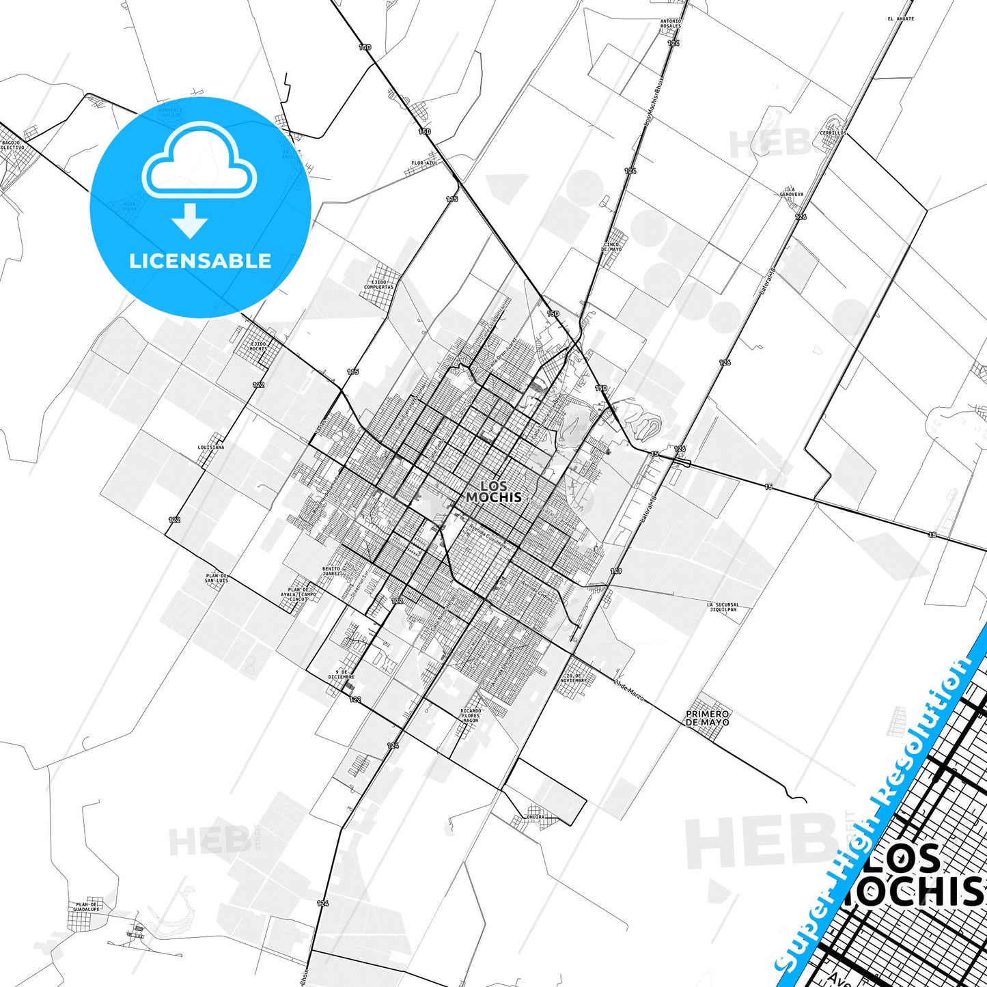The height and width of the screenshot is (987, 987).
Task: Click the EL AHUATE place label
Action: click(900, 19)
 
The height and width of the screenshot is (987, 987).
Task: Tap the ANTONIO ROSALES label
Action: click(671, 23)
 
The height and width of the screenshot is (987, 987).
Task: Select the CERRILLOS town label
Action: click(833, 133)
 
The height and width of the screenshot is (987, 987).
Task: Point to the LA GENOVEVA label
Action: click(792, 191)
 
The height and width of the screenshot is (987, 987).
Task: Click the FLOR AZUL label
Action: click(424, 163)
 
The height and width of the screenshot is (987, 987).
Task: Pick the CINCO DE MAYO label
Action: click(611, 247)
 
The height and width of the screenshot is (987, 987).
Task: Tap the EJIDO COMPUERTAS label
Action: click(378, 284)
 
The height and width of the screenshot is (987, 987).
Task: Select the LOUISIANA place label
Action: click(210, 447)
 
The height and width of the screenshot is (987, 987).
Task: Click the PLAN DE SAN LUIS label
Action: click(217, 578)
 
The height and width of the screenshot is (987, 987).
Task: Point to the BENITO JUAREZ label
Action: click(331, 571)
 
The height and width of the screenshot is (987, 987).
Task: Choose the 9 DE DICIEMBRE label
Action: click(342, 674)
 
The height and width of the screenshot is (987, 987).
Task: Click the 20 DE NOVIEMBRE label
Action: click(574, 678)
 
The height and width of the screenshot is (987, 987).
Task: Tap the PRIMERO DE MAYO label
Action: click(708, 718)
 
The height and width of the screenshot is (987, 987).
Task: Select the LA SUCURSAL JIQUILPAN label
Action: click(723, 607)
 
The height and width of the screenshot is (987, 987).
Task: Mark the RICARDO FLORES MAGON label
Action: click(471, 715)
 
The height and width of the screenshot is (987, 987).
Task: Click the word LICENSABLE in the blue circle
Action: click(200, 261)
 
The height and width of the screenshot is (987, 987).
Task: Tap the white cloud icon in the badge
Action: click(199, 159)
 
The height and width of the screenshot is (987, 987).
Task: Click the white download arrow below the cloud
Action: click(190, 221)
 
